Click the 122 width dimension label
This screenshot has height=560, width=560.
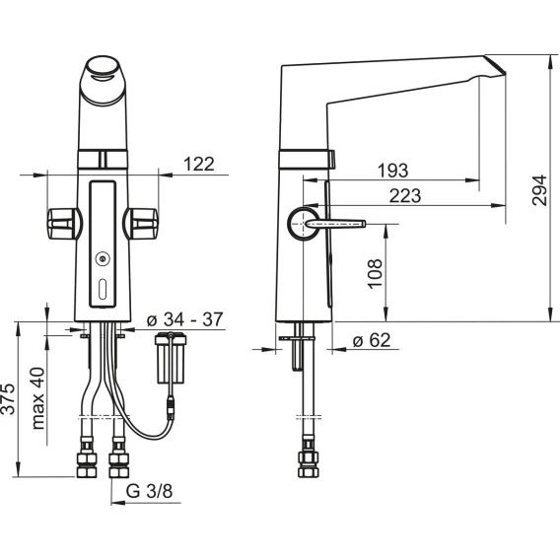coord(198,164)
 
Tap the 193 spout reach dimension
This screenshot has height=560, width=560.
coord(392,171)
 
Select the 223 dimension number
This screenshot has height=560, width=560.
coord(405,196)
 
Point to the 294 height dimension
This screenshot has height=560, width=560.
coord(539,190)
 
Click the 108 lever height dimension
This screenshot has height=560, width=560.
coord(375,274)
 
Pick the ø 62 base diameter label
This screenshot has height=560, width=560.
coord(372,339)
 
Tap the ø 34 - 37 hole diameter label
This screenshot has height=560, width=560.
coord(185,318)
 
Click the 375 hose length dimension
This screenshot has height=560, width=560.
coord(8,399)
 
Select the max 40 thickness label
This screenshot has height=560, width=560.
coord(37,398)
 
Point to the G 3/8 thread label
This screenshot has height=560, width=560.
coord(149,491)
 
